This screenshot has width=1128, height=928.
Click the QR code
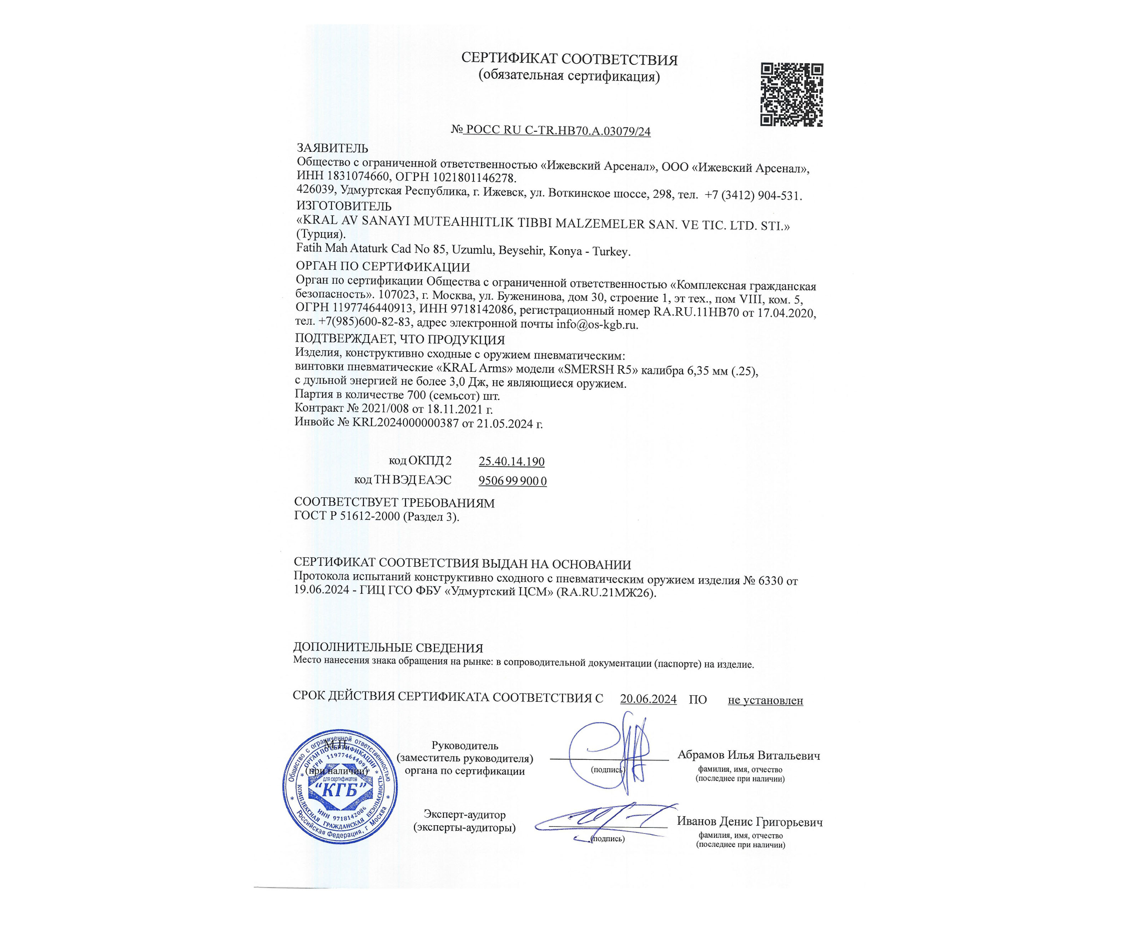[791, 95]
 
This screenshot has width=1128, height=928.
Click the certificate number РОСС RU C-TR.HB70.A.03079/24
[558, 130]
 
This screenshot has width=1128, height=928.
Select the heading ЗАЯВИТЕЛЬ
[332, 148]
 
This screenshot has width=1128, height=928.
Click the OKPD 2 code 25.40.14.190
[511, 462]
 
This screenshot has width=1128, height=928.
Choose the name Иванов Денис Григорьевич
[749, 822]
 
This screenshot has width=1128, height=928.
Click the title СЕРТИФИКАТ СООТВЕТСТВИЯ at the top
[569, 60]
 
